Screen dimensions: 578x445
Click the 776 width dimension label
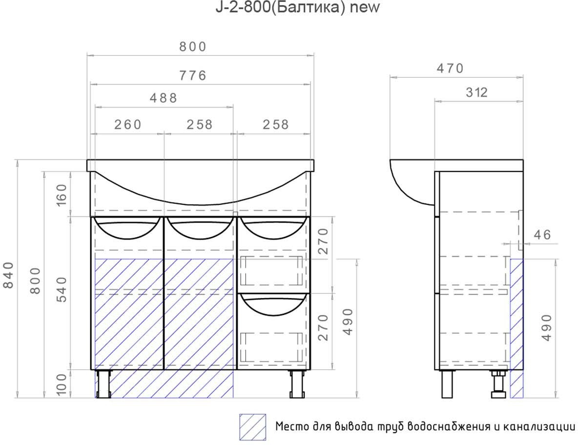(x=193, y=76)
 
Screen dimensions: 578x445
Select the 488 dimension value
(x=164, y=98)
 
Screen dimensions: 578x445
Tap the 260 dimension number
(x=128, y=124)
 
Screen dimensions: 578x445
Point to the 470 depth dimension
(x=450, y=68)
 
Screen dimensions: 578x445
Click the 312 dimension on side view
(x=476, y=92)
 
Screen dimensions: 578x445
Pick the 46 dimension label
(x=542, y=235)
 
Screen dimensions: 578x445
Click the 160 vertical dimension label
(x=62, y=195)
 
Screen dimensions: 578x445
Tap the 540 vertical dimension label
(x=62, y=289)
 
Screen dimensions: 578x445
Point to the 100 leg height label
(x=62, y=384)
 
